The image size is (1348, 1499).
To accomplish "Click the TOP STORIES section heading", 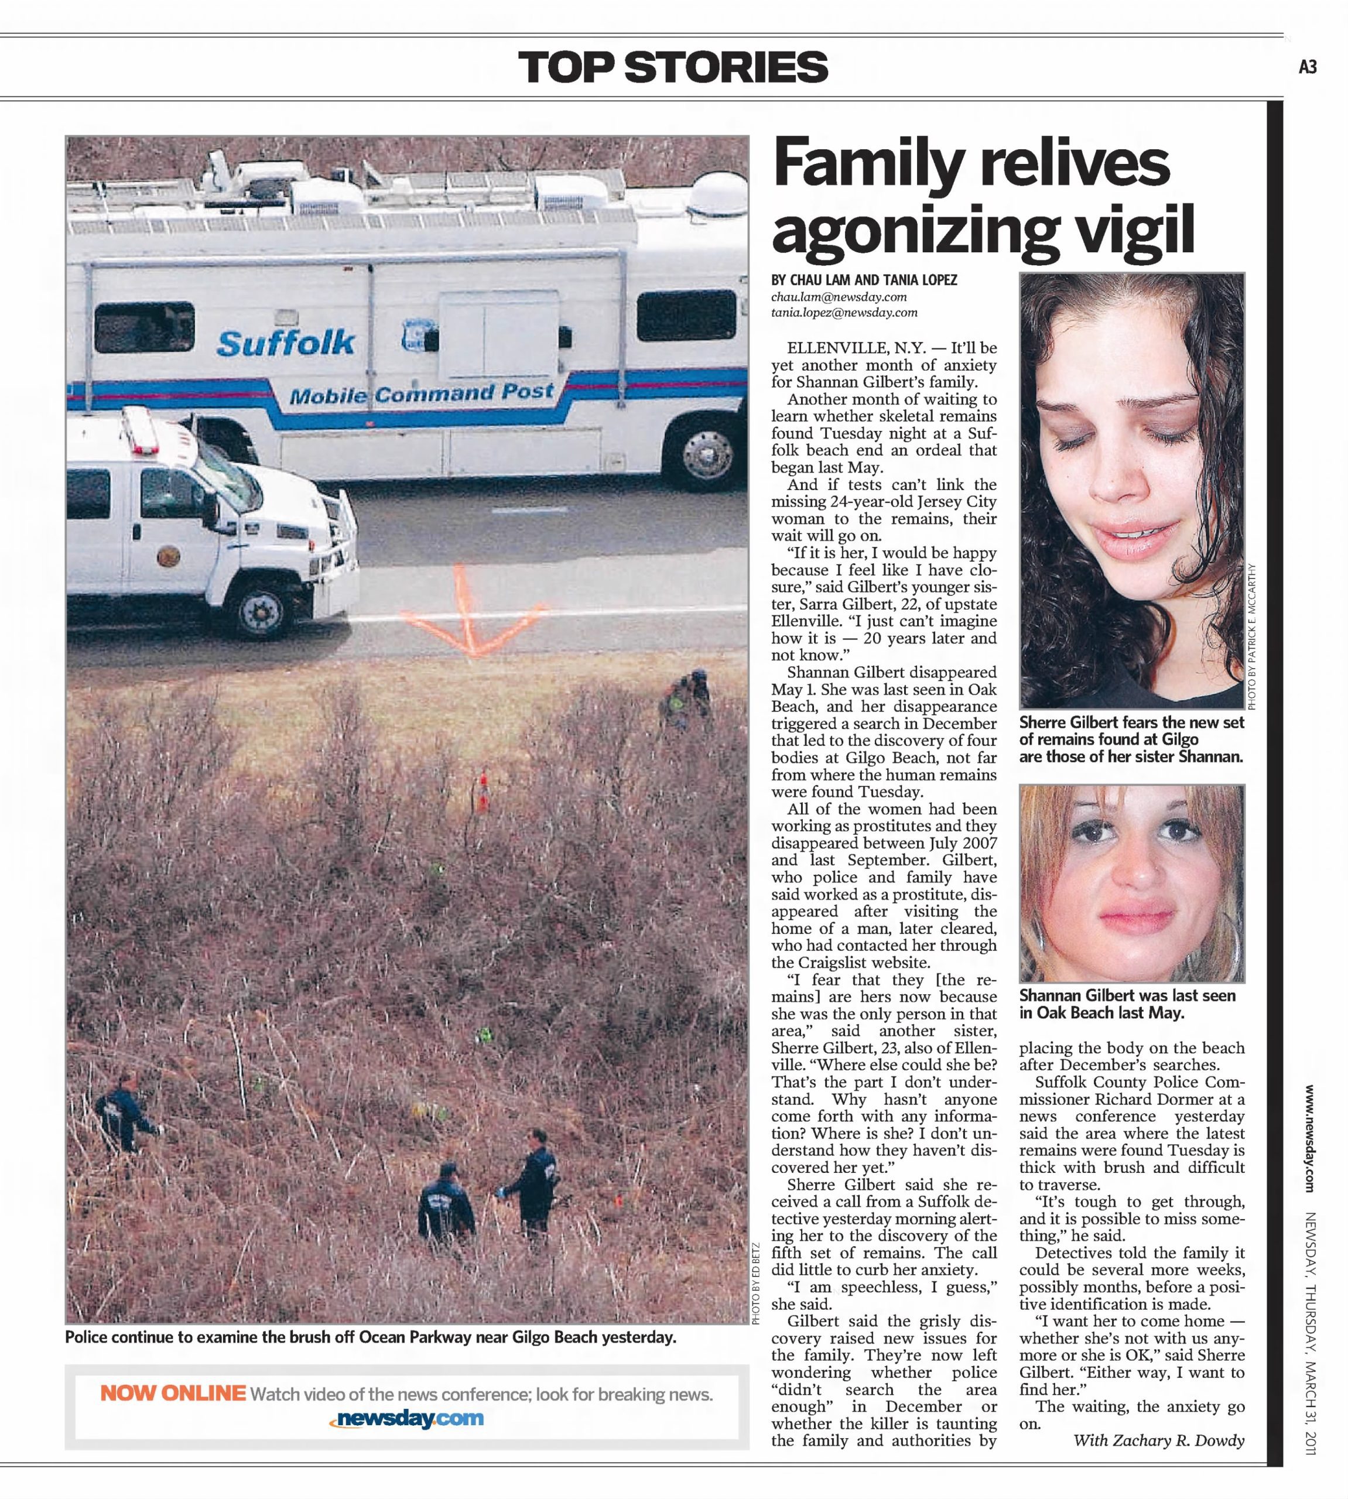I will pyautogui.click(x=672, y=67).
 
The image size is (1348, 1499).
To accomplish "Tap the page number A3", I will pyautogui.click(x=1307, y=67).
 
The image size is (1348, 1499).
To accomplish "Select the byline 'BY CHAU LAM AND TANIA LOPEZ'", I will pyautogui.click(x=864, y=280).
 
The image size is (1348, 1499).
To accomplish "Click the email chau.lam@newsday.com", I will pyautogui.click(x=839, y=297).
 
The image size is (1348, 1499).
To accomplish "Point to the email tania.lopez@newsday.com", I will pyautogui.click(x=844, y=313).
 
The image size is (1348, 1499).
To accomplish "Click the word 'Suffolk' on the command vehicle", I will pyautogui.click(x=286, y=342).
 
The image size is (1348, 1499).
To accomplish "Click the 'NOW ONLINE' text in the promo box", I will pyautogui.click(x=173, y=1393).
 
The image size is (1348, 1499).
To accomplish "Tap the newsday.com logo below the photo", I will pyautogui.click(x=406, y=1418).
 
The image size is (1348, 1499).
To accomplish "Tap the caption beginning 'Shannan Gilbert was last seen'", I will pyautogui.click(x=1127, y=1004).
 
